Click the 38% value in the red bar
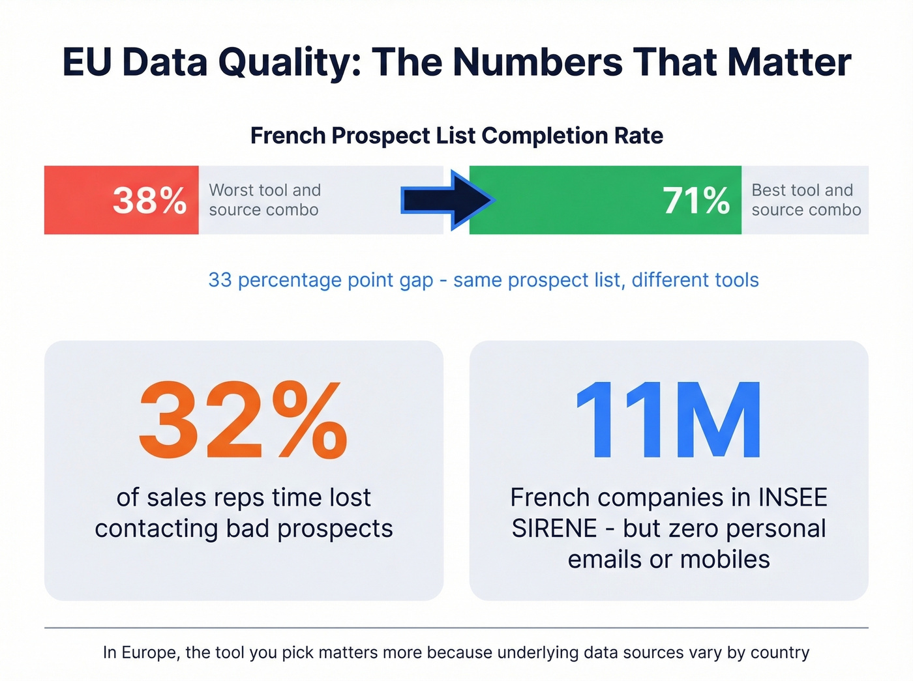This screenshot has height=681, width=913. [149, 200]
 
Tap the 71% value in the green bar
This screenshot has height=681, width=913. [696, 200]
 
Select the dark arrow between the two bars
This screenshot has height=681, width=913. [447, 200]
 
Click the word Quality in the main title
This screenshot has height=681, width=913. [290, 63]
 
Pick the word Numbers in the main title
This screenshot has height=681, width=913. [537, 63]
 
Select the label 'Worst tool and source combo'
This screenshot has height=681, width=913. [265, 200]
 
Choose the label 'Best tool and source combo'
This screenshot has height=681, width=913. [806, 200]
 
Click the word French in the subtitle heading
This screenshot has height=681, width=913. [288, 136]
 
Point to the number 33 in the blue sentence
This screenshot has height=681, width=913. [220, 280]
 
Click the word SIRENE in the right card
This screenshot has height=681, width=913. [554, 529]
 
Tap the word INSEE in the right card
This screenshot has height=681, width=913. [792, 498]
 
